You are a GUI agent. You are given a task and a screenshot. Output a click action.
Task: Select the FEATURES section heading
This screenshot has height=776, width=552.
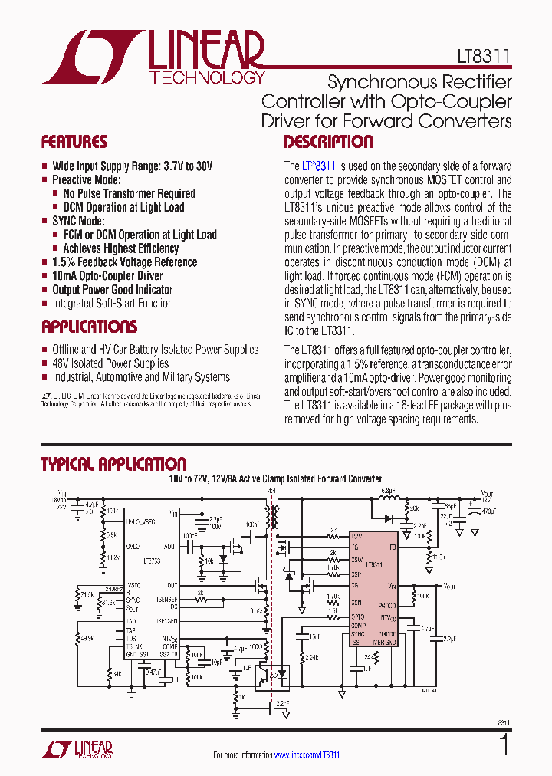coord(74,142)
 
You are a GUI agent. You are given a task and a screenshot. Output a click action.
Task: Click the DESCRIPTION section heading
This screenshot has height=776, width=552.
coord(328,142)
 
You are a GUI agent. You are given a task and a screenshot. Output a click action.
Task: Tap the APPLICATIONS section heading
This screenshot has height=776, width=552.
coord(89,327)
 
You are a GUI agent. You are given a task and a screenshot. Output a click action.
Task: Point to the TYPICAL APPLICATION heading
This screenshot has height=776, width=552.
coord(113,464)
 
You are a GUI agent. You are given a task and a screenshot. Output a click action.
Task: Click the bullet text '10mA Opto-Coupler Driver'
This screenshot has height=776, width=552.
coord(107,276)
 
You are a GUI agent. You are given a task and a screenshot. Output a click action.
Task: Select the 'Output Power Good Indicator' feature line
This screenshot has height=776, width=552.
coord(112,290)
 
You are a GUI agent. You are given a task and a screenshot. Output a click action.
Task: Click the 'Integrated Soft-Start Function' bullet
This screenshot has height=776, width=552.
coord(112,304)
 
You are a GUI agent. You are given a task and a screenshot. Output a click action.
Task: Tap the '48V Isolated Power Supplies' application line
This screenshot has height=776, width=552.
coord(110,363)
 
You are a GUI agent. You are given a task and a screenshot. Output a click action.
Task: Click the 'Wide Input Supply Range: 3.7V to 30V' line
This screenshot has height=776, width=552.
coord(132,166)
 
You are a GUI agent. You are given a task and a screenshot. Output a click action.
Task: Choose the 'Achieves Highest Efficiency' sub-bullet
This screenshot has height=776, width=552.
coord(121,248)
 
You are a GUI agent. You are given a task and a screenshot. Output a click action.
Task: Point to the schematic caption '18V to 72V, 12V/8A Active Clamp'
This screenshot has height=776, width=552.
coord(276,478)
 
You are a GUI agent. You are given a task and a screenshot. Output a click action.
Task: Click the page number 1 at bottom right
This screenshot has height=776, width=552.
coord(504,745)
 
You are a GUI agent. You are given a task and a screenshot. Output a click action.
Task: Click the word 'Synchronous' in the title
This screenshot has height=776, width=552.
coord(371,82)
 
